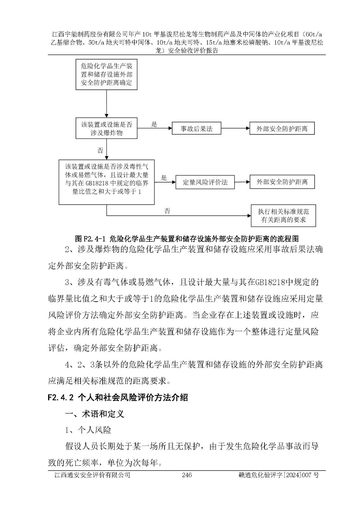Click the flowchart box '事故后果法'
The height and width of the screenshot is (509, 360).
196,129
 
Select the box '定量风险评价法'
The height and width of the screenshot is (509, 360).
205,182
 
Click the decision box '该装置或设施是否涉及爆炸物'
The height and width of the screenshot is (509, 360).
107,129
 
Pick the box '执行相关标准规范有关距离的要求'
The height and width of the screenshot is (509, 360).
283,216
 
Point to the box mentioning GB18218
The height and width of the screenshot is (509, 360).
107,182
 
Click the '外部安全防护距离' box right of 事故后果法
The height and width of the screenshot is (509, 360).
282,129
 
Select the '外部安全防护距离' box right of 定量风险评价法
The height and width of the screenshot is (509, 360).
282,182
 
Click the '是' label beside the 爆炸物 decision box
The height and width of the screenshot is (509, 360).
154,124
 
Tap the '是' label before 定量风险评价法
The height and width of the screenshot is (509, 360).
164,178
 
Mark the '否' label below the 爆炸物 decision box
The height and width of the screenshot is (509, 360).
100,150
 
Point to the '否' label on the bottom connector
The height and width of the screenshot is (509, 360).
167,211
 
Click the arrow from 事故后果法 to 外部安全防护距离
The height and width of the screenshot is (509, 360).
235,129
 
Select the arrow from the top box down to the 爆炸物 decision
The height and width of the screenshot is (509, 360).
107,104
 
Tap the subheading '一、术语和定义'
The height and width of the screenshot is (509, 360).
94,414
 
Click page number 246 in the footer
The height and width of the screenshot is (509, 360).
187,475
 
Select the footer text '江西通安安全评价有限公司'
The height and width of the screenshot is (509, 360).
92,475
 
